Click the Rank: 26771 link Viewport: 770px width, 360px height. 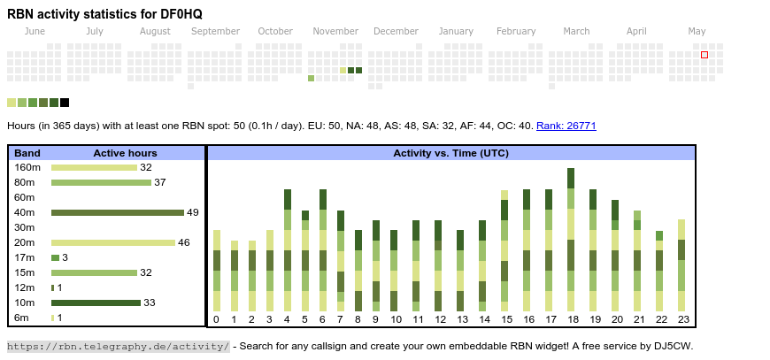566,126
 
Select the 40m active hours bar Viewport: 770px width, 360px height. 117,212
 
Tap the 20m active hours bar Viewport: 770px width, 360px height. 112,242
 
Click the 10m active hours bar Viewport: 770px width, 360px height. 96,303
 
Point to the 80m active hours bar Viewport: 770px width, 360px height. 101,182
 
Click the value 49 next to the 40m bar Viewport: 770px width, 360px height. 192,212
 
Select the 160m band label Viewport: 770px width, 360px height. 27,167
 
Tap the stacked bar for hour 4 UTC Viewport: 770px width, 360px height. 288,249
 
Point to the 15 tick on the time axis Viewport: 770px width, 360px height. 506,319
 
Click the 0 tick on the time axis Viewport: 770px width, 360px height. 216,319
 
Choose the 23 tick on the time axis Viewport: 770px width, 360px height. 682,319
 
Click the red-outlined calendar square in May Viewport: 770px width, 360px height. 705,55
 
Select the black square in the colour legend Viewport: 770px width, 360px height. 65,103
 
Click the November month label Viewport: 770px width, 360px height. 335,31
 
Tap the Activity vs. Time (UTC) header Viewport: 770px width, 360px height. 450,153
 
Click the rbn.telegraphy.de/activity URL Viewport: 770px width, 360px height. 118,346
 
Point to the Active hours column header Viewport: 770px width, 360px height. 125,153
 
